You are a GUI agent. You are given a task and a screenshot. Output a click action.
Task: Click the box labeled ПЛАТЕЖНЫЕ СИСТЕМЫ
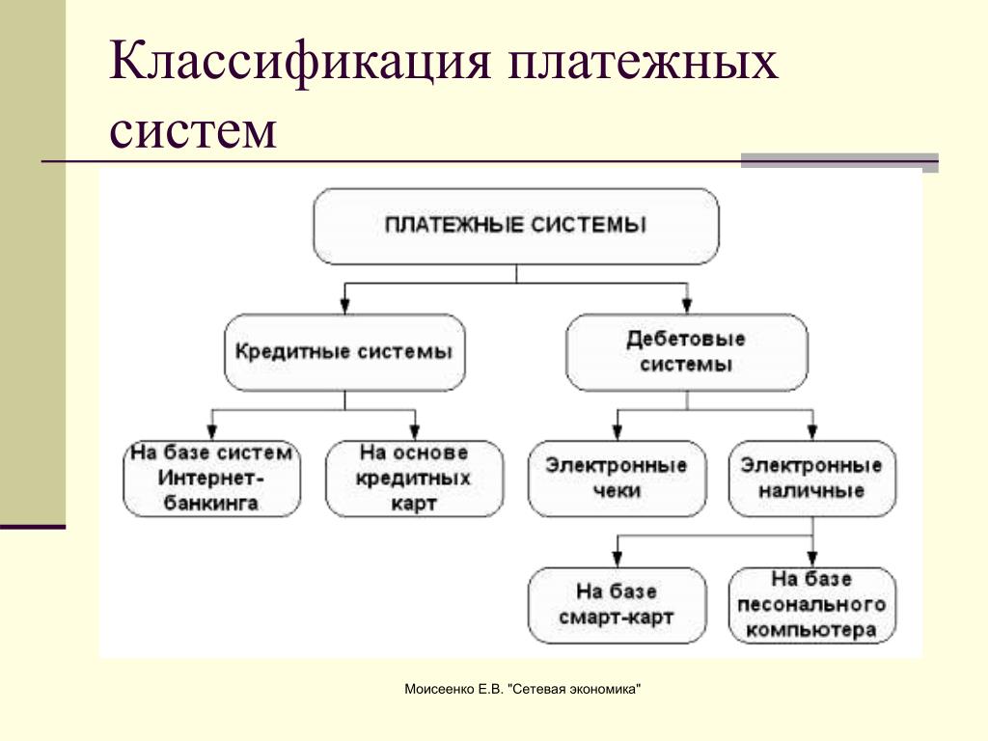[x=516, y=226]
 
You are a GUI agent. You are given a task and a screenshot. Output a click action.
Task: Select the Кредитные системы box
[x=343, y=351]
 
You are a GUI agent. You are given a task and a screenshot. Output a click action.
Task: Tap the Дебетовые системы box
[x=685, y=351]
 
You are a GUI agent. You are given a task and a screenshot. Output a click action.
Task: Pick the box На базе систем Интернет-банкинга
[x=211, y=478]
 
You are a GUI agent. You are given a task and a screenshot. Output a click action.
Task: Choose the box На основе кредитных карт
[x=414, y=478]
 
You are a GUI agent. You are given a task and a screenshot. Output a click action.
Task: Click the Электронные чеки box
[x=617, y=478]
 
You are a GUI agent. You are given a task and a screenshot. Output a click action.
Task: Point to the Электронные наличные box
[x=811, y=478]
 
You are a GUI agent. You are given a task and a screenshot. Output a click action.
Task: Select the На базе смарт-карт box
[x=617, y=605]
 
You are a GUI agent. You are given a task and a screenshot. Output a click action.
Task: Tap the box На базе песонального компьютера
[x=811, y=605]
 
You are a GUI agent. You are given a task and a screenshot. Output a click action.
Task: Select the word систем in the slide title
[x=193, y=130]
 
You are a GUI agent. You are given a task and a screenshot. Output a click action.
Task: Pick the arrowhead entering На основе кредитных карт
[x=415, y=431]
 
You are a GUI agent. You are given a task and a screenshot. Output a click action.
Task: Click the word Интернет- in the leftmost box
[x=211, y=479]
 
